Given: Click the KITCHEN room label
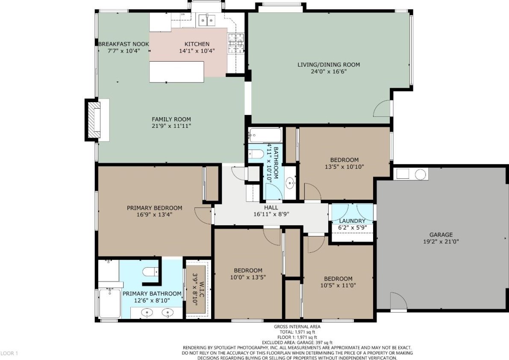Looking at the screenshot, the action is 197,44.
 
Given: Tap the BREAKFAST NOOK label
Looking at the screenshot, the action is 124,44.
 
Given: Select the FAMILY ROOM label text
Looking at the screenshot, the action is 171,119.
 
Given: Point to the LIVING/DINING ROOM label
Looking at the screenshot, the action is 329,65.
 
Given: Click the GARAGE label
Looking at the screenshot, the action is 441,235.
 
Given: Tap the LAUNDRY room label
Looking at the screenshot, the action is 352,221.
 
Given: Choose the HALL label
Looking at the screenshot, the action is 271,207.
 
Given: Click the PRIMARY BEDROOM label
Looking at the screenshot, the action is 155,208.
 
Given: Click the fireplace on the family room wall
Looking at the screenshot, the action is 94,120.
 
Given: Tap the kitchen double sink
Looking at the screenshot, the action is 207,21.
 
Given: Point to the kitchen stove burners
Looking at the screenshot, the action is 236,43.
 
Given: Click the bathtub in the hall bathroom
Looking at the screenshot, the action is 265,136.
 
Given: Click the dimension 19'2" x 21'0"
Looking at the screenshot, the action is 441,242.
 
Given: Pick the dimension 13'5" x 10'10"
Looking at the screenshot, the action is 344,167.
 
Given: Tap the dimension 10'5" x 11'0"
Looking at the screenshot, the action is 338,285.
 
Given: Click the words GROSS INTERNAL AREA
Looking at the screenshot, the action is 297,327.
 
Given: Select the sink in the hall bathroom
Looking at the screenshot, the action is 290,183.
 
